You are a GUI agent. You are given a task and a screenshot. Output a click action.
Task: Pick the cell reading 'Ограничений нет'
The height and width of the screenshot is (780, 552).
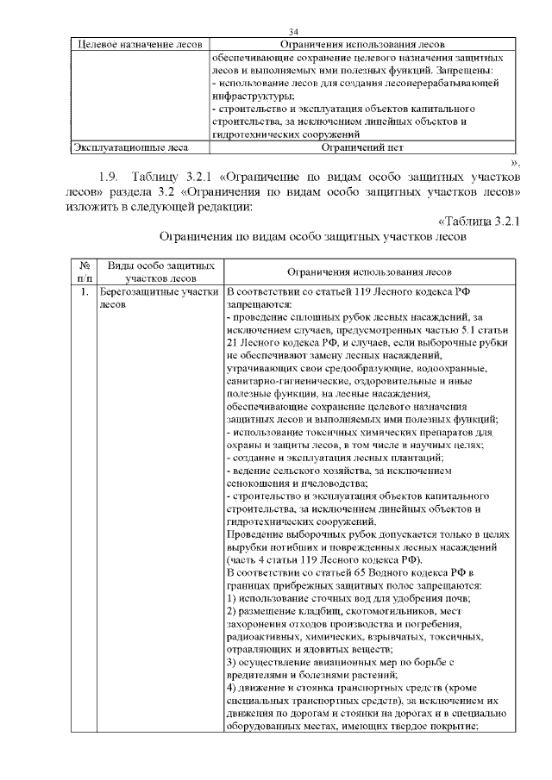(x=361, y=147)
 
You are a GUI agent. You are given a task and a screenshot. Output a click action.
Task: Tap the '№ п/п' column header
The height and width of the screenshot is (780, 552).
(x=85, y=271)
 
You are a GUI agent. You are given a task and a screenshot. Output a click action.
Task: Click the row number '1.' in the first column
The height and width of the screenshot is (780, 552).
(x=84, y=292)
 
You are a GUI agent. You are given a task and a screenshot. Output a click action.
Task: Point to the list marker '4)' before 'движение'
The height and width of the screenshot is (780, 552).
(x=232, y=687)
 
